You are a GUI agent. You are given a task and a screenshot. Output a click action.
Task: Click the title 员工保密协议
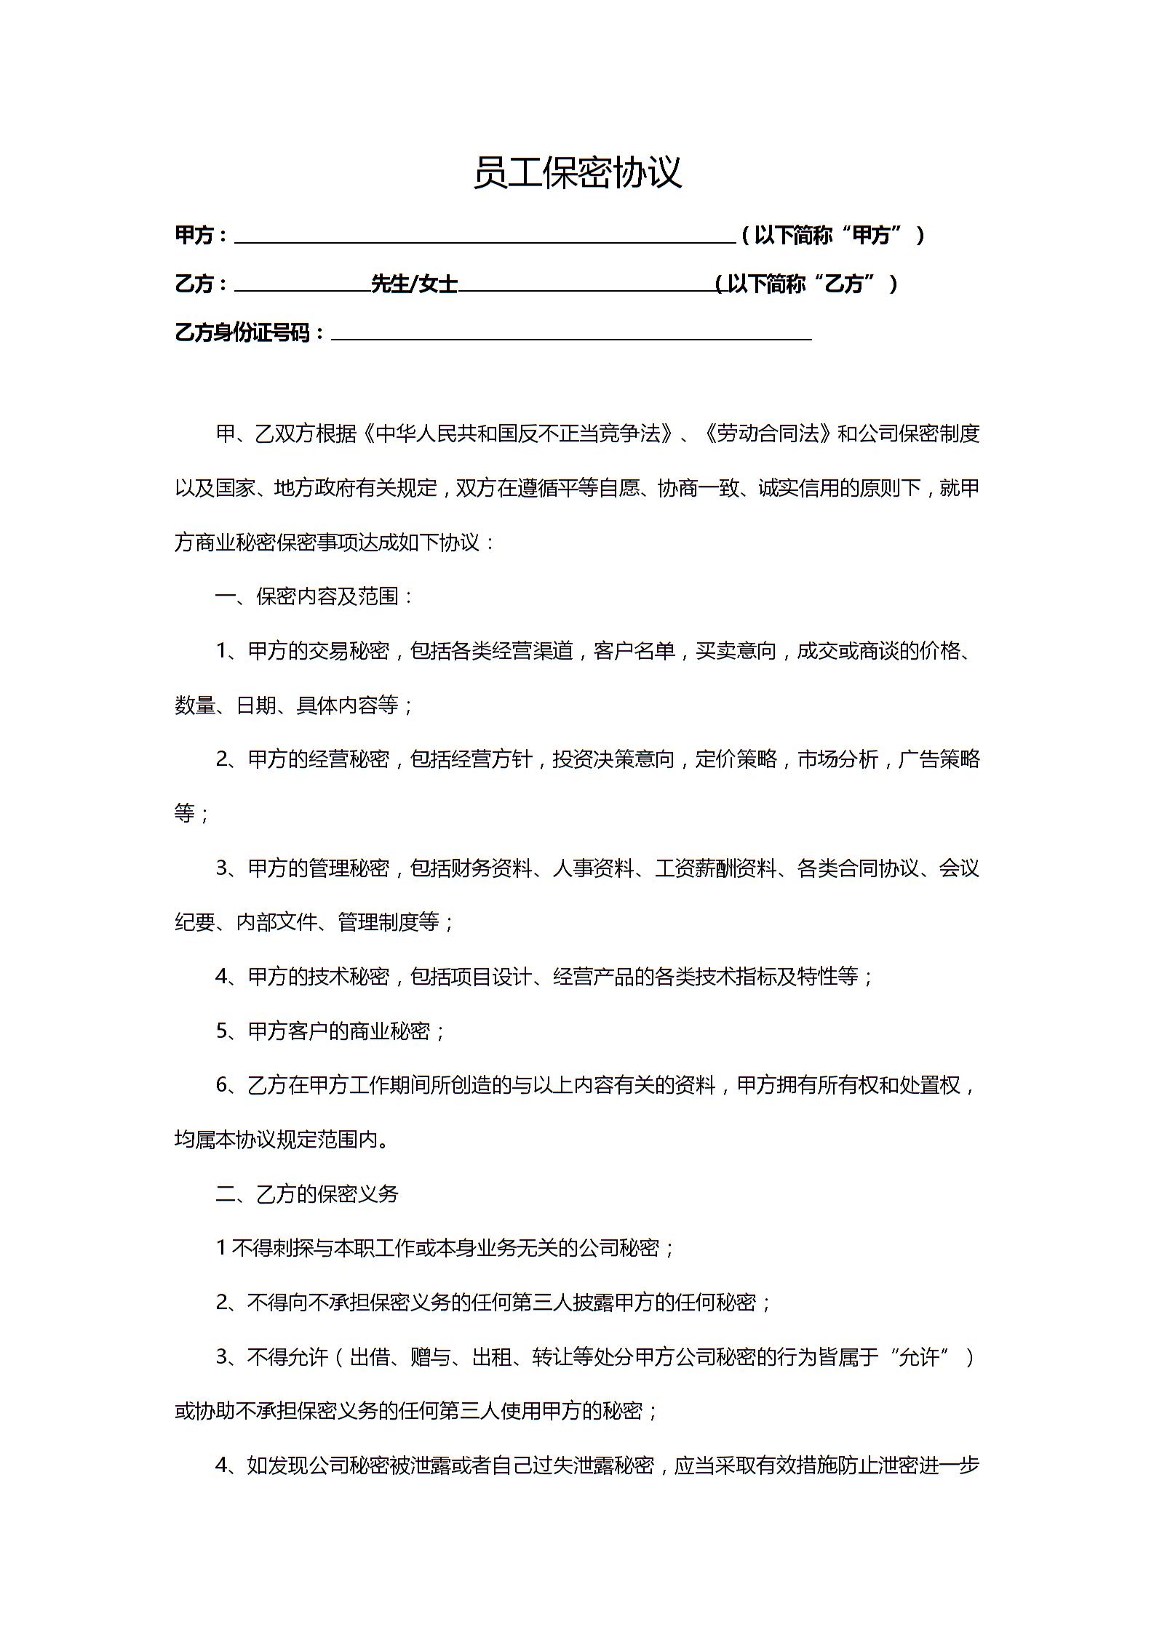tap(577, 173)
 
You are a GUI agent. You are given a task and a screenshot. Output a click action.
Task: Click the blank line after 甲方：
tap(484, 237)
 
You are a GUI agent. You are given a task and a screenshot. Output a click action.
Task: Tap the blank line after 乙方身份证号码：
tap(571, 335)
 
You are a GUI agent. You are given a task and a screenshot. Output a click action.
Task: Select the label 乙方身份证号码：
tap(250, 333)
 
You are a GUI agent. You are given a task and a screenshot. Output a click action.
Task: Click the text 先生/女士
tap(414, 284)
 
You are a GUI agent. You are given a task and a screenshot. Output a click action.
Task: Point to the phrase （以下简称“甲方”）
tap(832, 236)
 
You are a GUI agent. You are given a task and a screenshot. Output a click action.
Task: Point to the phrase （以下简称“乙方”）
tap(806, 284)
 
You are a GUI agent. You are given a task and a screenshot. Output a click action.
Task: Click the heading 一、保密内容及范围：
tap(315, 597)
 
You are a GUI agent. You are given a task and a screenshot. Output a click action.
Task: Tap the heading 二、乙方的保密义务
tap(307, 1194)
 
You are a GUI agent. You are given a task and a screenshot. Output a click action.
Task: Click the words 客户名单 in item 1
tap(634, 651)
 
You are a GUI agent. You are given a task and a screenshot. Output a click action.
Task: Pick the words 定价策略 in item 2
tap(736, 760)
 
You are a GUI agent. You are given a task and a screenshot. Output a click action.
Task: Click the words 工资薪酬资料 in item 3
tap(716, 868)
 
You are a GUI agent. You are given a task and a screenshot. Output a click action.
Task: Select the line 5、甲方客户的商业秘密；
tap(331, 1031)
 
